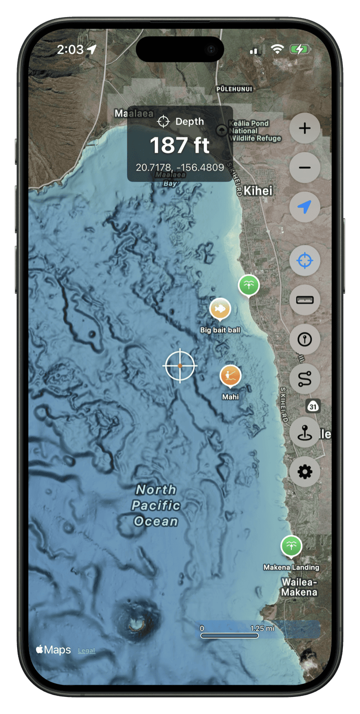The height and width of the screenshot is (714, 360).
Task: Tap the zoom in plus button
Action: [x=305, y=128]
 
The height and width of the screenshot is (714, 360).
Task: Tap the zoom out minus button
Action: [x=305, y=168]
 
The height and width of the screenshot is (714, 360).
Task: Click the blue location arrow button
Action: [x=305, y=207]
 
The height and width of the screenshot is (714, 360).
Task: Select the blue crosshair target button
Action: [x=305, y=260]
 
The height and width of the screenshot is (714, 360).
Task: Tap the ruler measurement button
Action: [x=305, y=300]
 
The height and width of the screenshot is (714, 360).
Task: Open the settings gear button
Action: [x=305, y=472]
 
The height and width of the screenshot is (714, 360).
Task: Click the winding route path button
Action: [x=305, y=379]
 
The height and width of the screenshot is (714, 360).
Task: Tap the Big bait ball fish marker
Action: [x=220, y=309]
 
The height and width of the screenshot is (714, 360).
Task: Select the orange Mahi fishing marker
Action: [x=230, y=376]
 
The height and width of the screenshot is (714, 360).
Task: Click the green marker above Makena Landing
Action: [x=291, y=546]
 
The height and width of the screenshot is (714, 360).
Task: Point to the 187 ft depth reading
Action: [x=180, y=145]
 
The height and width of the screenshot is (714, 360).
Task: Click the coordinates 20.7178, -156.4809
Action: [x=180, y=167]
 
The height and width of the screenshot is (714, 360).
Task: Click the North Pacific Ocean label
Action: [x=156, y=505]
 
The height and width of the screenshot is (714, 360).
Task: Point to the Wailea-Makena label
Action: [x=299, y=587]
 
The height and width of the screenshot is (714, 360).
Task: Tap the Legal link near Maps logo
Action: [x=86, y=651]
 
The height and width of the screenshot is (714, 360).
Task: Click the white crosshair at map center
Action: [x=180, y=366]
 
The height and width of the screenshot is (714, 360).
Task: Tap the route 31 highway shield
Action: [x=313, y=406]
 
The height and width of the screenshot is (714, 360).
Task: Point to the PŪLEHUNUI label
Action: [x=234, y=89]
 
